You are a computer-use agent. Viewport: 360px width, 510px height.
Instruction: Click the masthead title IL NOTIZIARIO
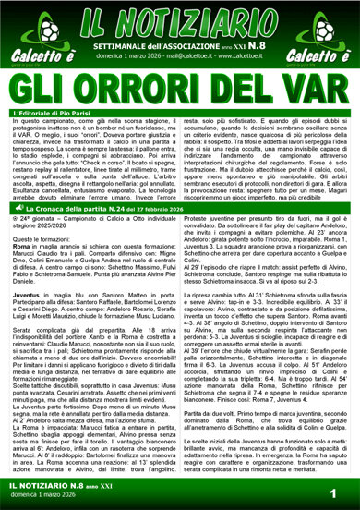[x=180, y=20]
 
